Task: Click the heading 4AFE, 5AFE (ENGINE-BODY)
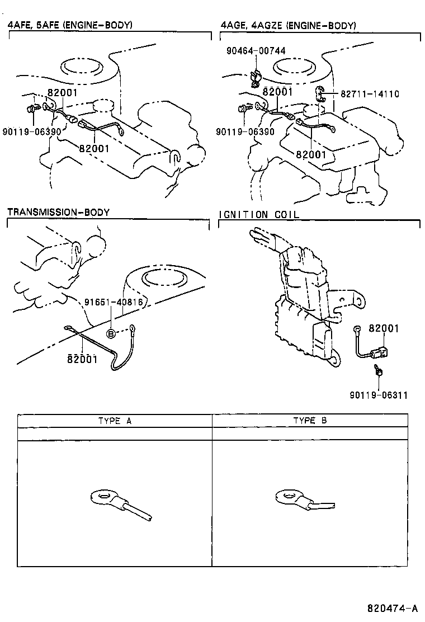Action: [x=70, y=25]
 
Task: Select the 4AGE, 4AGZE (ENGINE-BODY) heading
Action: [x=288, y=25]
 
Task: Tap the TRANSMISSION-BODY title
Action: [x=58, y=212]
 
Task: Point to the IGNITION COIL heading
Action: [x=259, y=214]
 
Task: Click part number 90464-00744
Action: [x=256, y=51]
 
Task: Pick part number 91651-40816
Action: [x=114, y=303]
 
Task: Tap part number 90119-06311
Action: [x=379, y=395]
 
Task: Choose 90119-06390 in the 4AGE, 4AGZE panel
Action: [x=245, y=131]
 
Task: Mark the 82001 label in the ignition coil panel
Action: [x=383, y=329]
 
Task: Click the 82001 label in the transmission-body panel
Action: [x=82, y=359]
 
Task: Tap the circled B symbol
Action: [x=111, y=333]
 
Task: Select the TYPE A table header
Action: [x=115, y=421]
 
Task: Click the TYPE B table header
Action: [x=309, y=421]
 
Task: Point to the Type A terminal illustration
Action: [x=120, y=504]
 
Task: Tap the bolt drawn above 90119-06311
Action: [x=379, y=370]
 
